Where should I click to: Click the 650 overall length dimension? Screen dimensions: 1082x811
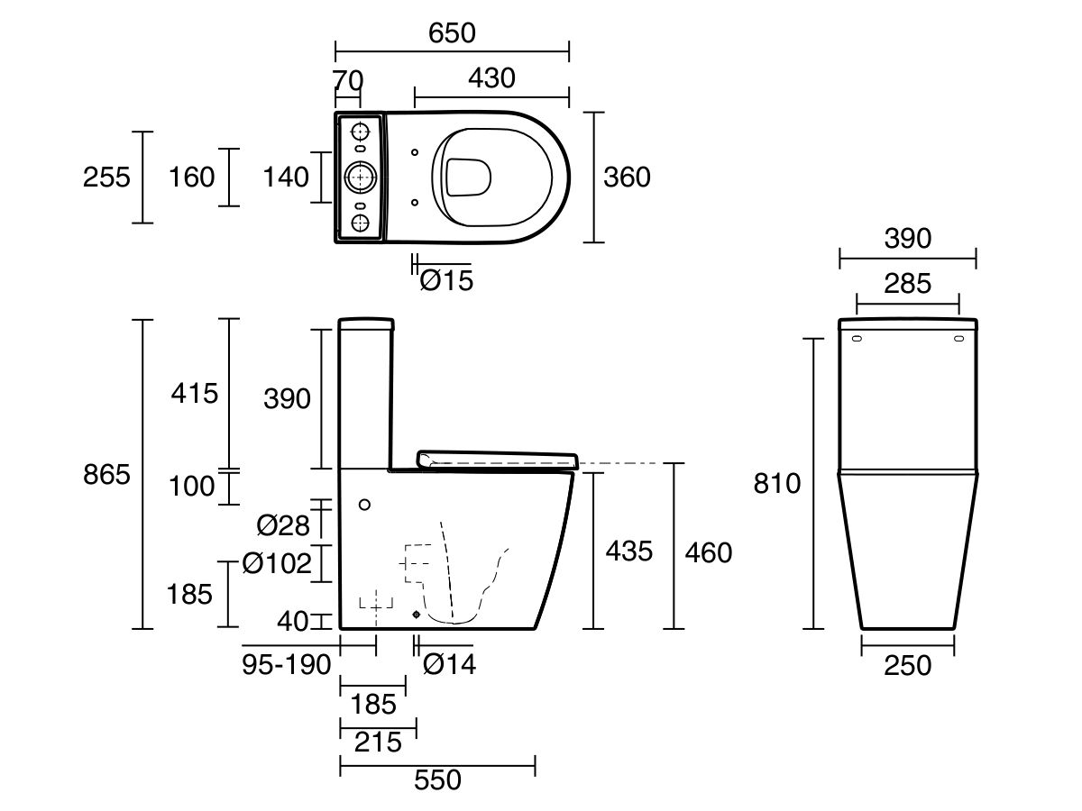[x=452, y=33]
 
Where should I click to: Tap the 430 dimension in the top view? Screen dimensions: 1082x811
[x=491, y=78]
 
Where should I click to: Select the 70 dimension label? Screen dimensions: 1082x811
[x=347, y=80]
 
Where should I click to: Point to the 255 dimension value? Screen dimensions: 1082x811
[x=106, y=178]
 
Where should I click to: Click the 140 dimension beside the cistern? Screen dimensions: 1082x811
[x=286, y=178]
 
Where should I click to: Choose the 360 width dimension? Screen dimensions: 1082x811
[x=627, y=178]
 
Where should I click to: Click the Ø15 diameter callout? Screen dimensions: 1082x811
[x=446, y=280]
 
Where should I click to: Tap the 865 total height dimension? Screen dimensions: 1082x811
[x=106, y=475]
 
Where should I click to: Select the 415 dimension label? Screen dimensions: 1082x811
[x=194, y=394]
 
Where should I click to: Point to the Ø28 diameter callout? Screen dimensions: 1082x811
[x=283, y=525]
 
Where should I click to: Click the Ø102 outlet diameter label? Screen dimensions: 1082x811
[x=277, y=563]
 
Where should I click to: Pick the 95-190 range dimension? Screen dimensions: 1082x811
[x=287, y=665]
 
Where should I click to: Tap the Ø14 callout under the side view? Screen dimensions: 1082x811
[x=450, y=664]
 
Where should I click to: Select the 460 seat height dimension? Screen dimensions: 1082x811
[x=709, y=553]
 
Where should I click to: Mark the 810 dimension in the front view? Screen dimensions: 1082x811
[x=777, y=484]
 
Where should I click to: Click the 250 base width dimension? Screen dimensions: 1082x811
[x=907, y=666]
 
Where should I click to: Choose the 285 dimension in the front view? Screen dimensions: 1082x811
[x=907, y=284]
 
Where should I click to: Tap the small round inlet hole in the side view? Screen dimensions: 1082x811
[x=364, y=505]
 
